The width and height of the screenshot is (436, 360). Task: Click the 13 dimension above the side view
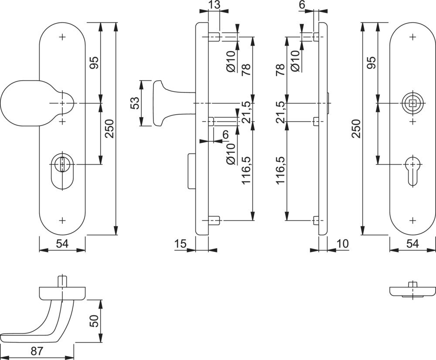(x=214, y=5)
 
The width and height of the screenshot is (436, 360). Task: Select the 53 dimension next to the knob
(x=135, y=103)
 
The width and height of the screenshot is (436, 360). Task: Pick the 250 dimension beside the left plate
(x=109, y=129)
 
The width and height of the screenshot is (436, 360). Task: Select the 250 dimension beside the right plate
(x=357, y=129)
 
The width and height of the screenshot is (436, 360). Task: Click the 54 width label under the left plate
(x=61, y=244)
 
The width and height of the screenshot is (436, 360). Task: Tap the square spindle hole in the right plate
(x=412, y=103)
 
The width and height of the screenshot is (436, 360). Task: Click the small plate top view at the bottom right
(x=412, y=291)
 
